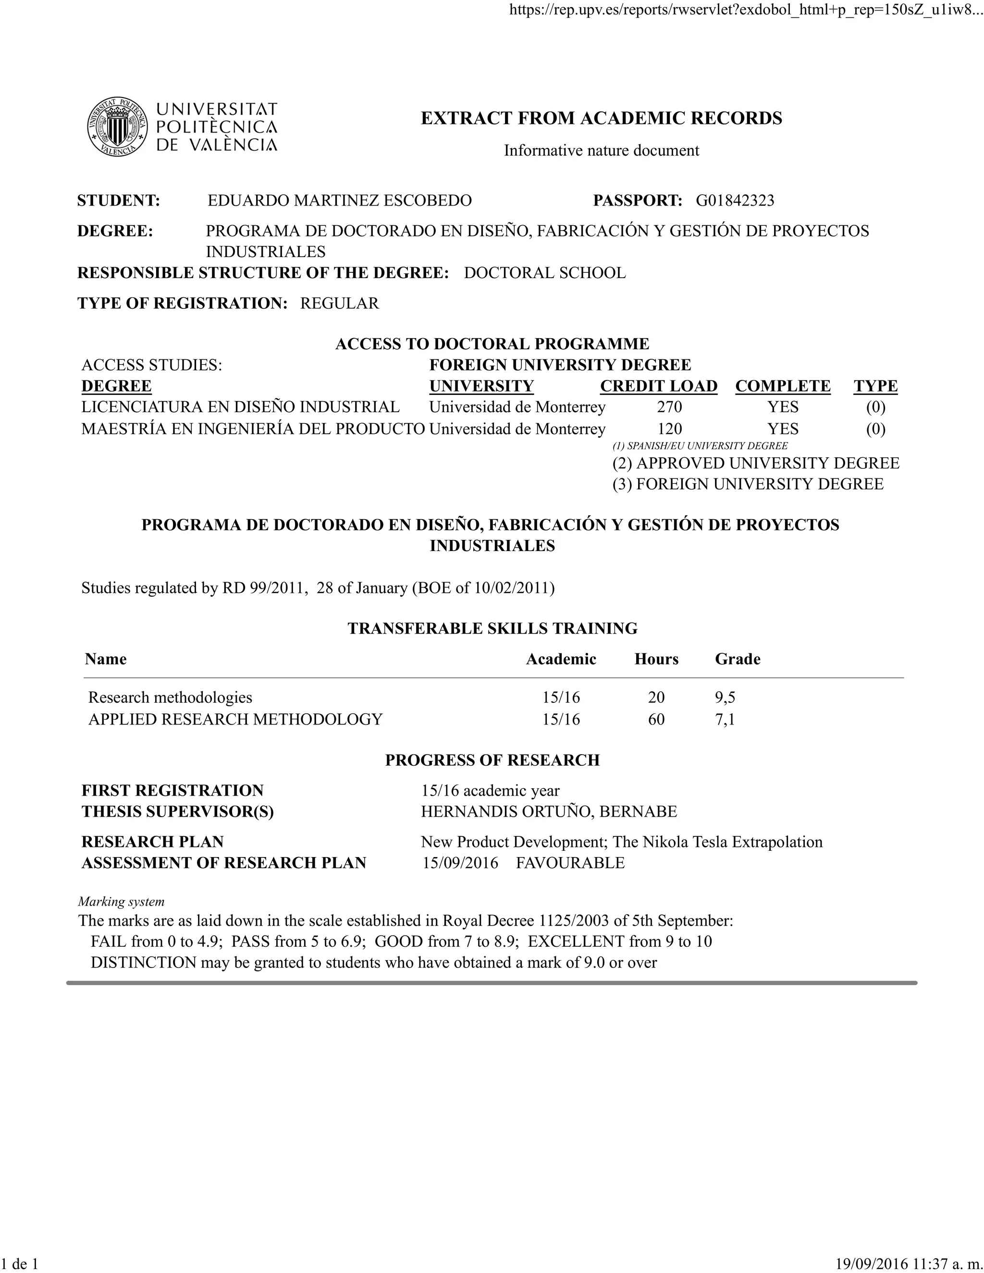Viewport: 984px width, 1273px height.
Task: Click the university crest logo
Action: pos(117,126)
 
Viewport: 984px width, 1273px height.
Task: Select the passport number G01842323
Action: pos(735,200)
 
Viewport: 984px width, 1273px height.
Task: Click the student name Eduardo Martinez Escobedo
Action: pos(339,200)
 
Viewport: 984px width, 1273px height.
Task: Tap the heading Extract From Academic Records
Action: pos(601,118)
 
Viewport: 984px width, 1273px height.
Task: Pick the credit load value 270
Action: pos(669,407)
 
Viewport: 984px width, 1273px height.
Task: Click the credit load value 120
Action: pos(669,429)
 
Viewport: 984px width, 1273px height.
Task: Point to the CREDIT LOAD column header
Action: pos(658,386)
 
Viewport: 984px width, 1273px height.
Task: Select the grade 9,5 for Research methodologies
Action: pos(725,697)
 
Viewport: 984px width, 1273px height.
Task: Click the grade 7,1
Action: pos(725,719)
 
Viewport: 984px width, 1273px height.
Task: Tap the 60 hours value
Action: pos(656,719)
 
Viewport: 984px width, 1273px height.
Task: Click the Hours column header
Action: pos(656,659)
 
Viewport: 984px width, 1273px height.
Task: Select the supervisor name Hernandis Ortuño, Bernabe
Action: pos(549,811)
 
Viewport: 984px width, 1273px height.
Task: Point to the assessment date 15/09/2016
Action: pos(460,863)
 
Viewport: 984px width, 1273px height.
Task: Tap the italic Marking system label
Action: pos(121,902)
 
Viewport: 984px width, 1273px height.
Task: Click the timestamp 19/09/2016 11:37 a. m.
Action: pos(908,1264)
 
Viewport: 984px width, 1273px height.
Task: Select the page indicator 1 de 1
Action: pos(19,1264)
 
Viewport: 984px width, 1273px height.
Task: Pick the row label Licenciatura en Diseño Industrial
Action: pos(240,407)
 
